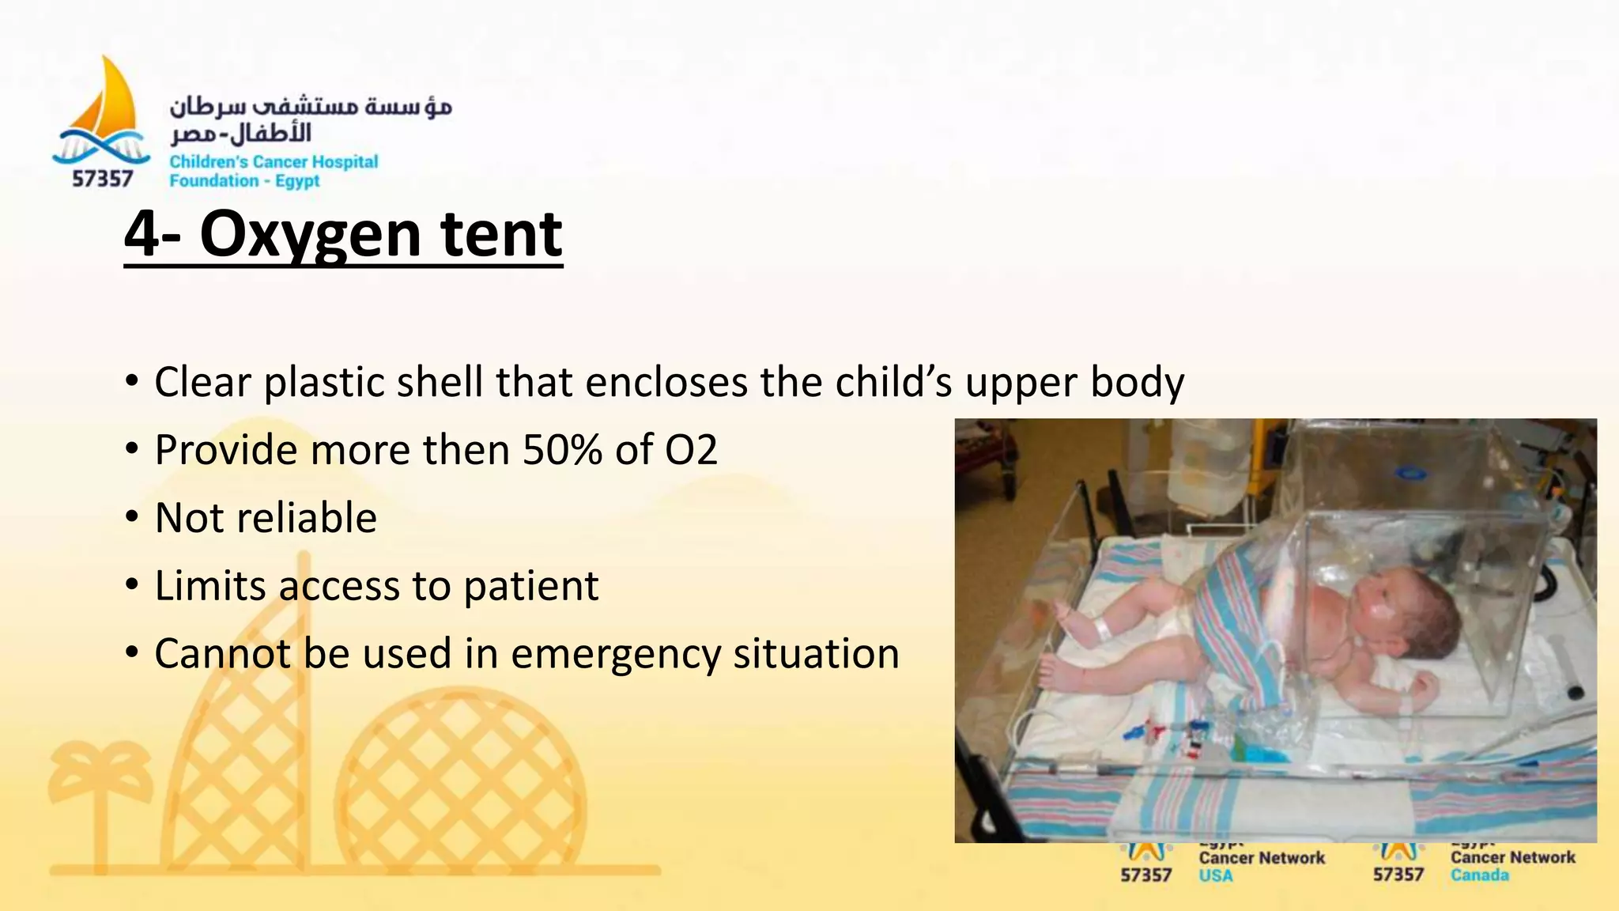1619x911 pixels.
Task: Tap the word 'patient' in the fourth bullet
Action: click(x=530, y=586)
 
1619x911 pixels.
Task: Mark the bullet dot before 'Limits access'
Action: click(x=132, y=586)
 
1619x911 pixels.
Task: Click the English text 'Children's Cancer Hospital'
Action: click(x=274, y=162)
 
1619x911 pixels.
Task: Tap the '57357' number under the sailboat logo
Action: click(x=102, y=179)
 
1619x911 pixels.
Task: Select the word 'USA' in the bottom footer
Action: click(x=1215, y=875)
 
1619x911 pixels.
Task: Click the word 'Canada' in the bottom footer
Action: click(x=1479, y=875)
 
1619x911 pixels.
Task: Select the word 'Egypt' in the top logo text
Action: click(x=297, y=181)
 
